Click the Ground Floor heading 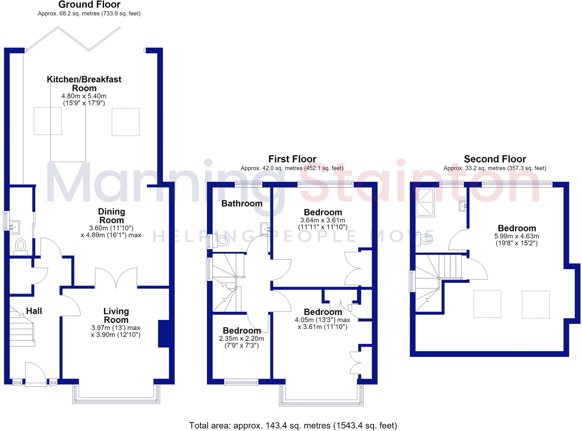[x=89, y=5]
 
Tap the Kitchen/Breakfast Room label [x=84, y=84]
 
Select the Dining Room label [x=111, y=216]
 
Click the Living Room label [x=116, y=316]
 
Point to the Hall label [x=34, y=311]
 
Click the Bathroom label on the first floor [x=242, y=204]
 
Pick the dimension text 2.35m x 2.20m [x=242, y=339]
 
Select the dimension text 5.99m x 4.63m [x=517, y=236]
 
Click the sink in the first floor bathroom [x=265, y=229]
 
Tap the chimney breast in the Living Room [x=163, y=334]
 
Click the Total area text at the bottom [x=293, y=425]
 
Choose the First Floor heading [x=292, y=159]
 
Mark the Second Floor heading [x=495, y=159]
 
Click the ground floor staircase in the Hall [x=22, y=326]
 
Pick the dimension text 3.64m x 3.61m [x=323, y=220]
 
